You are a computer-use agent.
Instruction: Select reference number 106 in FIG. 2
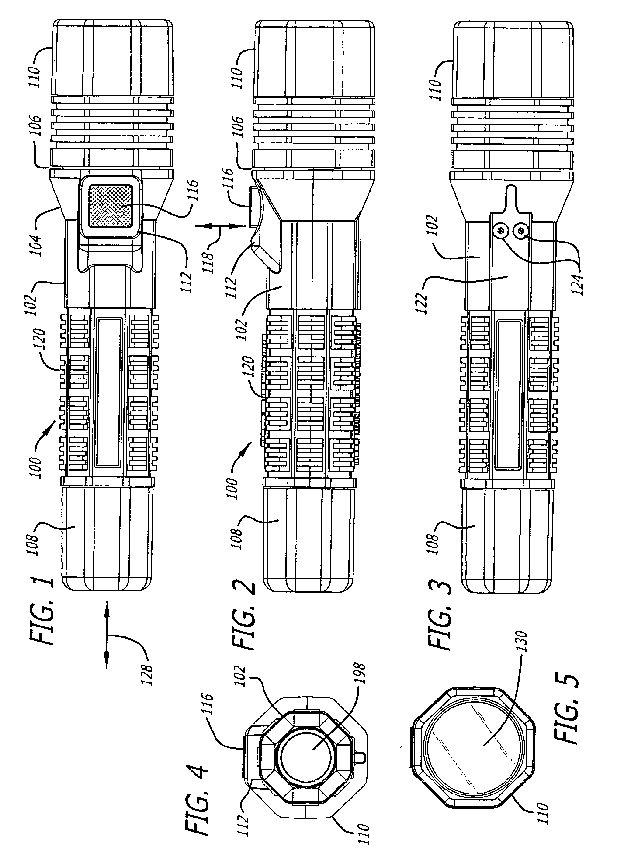[x=239, y=130]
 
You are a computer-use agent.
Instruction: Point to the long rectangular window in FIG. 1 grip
[x=110, y=393]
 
